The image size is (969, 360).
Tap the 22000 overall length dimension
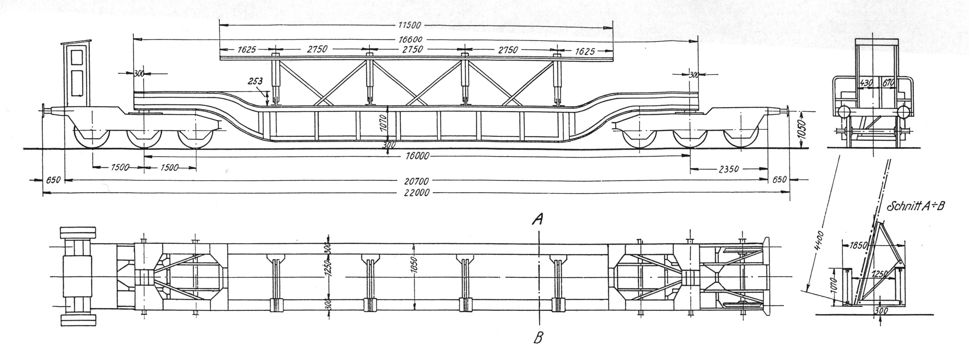point(416,193)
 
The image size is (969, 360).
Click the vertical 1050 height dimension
point(803,130)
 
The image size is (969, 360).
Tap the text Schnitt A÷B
point(921,206)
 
